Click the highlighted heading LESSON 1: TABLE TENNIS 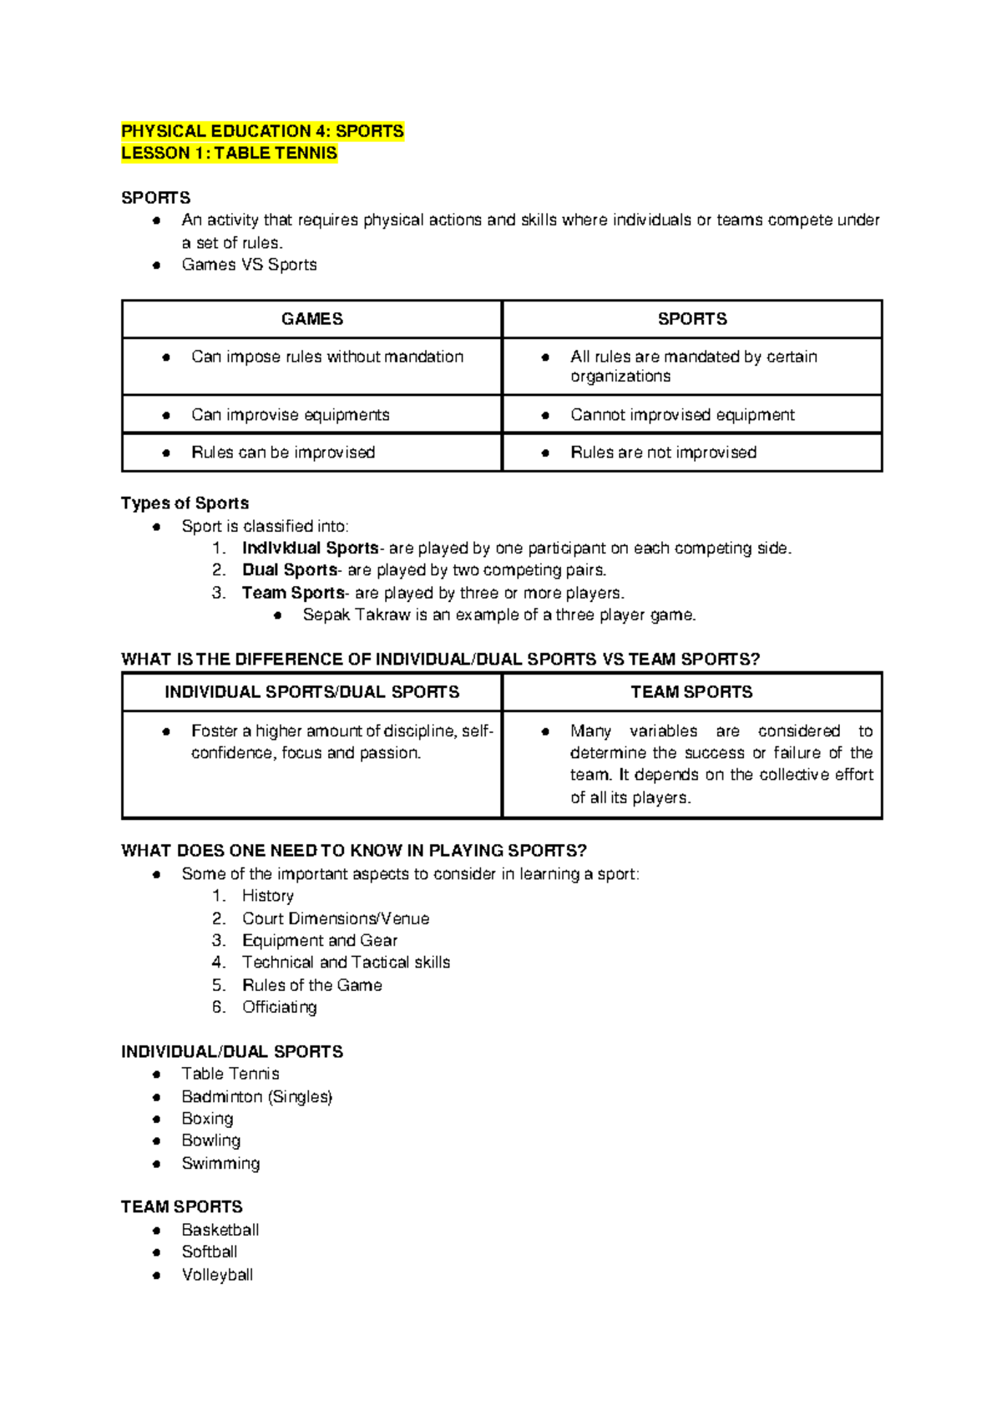click(x=229, y=153)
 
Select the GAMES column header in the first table click(x=311, y=319)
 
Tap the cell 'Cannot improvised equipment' click(x=681, y=415)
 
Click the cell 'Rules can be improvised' click(x=282, y=453)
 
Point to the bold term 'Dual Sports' click(x=289, y=570)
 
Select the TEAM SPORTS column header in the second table click(x=691, y=692)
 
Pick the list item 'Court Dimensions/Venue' click(x=335, y=918)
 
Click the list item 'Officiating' click(x=279, y=1007)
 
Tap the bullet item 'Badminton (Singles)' click(x=256, y=1096)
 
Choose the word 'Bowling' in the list click(x=210, y=1140)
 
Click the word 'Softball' click(x=209, y=1252)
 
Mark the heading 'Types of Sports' click(x=185, y=503)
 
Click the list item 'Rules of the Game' click(x=311, y=985)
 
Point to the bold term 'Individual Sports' click(x=310, y=549)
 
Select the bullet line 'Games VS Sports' click(x=249, y=265)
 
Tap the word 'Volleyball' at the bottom click(x=217, y=1275)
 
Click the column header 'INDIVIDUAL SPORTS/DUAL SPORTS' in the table click(x=311, y=692)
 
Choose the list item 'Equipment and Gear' click(x=319, y=940)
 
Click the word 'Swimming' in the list click(x=220, y=1163)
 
